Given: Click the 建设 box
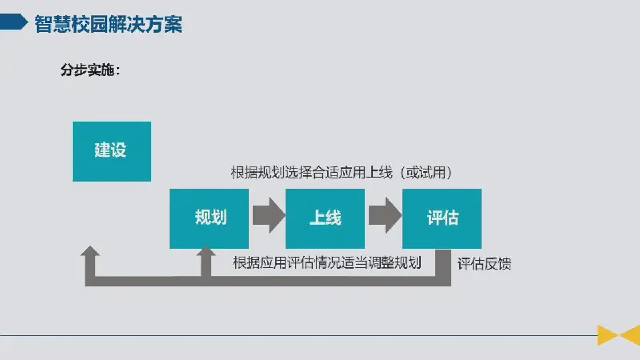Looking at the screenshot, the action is (112, 151).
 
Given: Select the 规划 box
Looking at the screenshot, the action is (209, 218).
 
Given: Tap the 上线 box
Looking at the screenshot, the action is (325, 218).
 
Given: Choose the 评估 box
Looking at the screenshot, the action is (442, 218).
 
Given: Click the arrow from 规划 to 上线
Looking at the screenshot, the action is (269, 215).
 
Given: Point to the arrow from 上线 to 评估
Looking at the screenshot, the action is (385, 215).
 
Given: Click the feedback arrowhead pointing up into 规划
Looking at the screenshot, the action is (206, 252).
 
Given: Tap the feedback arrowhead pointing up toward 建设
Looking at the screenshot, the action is (90, 251).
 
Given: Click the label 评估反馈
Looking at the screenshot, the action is (484, 264).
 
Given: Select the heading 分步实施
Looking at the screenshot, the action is (90, 70).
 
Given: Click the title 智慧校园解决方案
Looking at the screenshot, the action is (108, 24).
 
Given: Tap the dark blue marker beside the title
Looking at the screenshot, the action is (14, 22).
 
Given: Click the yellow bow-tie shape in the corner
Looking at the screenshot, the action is (618, 335).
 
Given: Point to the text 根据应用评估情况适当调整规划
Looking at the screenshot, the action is (327, 263).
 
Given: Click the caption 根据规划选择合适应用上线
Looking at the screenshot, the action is (311, 172).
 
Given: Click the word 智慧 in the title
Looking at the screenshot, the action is (53, 24).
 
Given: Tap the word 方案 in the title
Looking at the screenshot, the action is (164, 24).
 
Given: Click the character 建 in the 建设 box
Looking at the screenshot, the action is (102, 150).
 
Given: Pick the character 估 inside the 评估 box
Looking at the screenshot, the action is (451, 218).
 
